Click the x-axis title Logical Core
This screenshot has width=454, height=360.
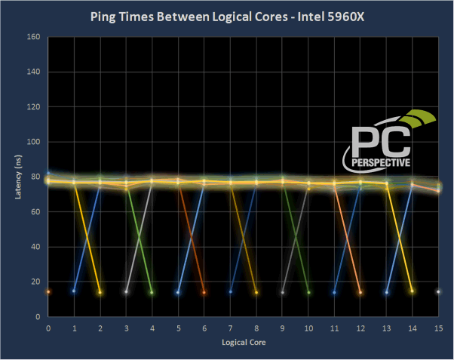[x=243, y=342]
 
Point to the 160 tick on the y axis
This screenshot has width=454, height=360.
[x=33, y=36]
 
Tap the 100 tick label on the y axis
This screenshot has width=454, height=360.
[x=33, y=142]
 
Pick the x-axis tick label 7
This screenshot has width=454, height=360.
[x=230, y=329]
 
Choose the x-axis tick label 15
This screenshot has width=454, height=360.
[x=438, y=329]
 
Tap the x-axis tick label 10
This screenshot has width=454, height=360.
[x=308, y=329]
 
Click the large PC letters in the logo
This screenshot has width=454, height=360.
[x=381, y=140]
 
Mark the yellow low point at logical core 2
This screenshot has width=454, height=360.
[x=100, y=292]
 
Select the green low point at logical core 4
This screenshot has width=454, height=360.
[x=152, y=292]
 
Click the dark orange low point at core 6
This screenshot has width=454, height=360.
[x=204, y=292]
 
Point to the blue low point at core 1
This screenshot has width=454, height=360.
[x=74, y=291]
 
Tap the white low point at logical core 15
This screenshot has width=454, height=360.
[x=438, y=291]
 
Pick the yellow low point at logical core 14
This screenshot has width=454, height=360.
[x=412, y=291]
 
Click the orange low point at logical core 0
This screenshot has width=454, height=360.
[x=48, y=291]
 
